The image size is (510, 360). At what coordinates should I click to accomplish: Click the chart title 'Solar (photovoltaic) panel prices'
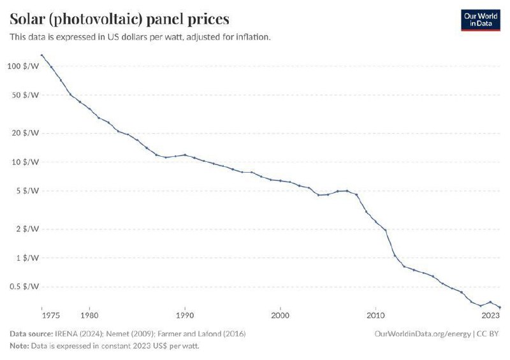pos(119,18)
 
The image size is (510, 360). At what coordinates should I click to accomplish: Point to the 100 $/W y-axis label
pos(23,66)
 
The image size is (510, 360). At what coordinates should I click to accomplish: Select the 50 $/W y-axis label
pos(25,95)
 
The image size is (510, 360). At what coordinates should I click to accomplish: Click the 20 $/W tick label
pos(25,133)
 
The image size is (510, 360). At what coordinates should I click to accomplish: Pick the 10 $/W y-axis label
pos(25,162)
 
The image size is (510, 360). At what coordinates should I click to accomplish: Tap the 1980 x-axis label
pos(89,315)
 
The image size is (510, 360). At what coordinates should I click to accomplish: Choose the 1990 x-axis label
pos(185,315)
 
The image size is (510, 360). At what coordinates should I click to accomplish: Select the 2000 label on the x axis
pos(280,315)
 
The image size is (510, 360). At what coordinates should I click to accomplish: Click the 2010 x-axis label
pos(376,315)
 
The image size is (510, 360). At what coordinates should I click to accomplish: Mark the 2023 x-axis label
pos(491,315)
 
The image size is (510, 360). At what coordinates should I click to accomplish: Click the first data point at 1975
pos(41,55)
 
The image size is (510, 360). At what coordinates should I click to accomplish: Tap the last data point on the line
pos(500,307)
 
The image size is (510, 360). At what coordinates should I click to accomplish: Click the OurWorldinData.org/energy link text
pos(423,334)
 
